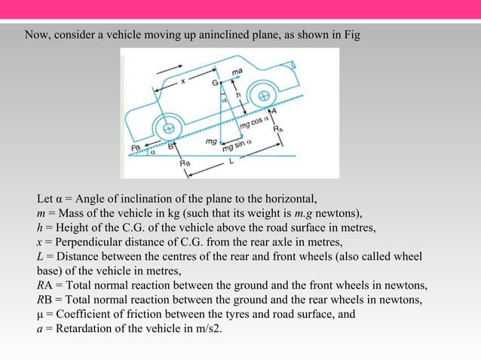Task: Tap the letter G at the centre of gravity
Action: click(x=215, y=81)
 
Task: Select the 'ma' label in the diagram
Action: click(x=236, y=70)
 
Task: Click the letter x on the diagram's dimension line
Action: click(x=183, y=77)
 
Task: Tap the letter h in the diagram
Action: click(x=237, y=96)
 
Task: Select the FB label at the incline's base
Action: click(x=136, y=148)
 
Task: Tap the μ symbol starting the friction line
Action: click(x=41, y=314)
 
